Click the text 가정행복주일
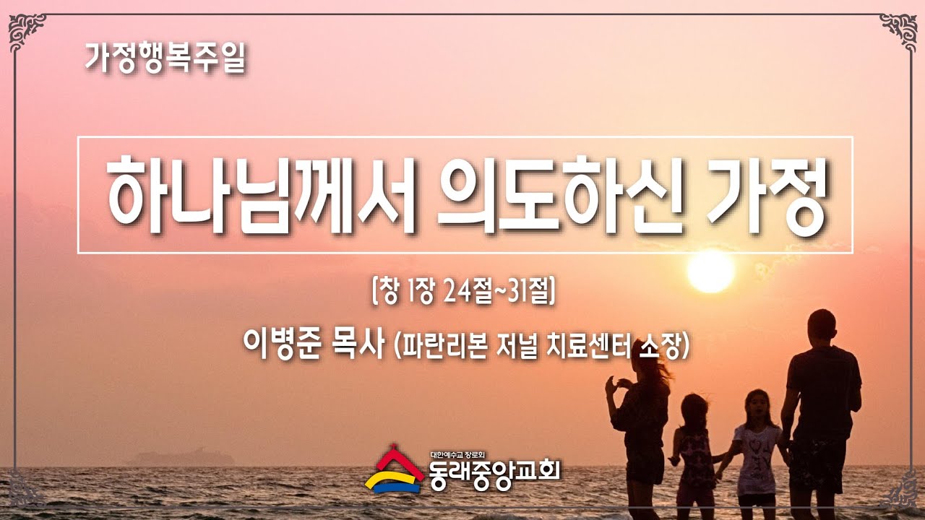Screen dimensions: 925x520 tap(165, 58)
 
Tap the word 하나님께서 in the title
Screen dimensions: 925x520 tap(261, 194)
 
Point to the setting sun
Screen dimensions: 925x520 tap(710, 271)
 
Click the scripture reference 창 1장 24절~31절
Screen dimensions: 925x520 tap(463, 291)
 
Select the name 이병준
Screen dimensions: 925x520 tap(281, 344)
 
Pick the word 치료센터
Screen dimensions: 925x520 tap(588, 345)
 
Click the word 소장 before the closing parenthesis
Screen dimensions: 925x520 tap(661, 345)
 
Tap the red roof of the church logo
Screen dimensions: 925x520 tap(395, 463)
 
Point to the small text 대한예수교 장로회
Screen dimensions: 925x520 tap(457, 455)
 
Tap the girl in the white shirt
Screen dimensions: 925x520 tap(757, 450)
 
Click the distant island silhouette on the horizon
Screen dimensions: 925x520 tap(184, 457)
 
